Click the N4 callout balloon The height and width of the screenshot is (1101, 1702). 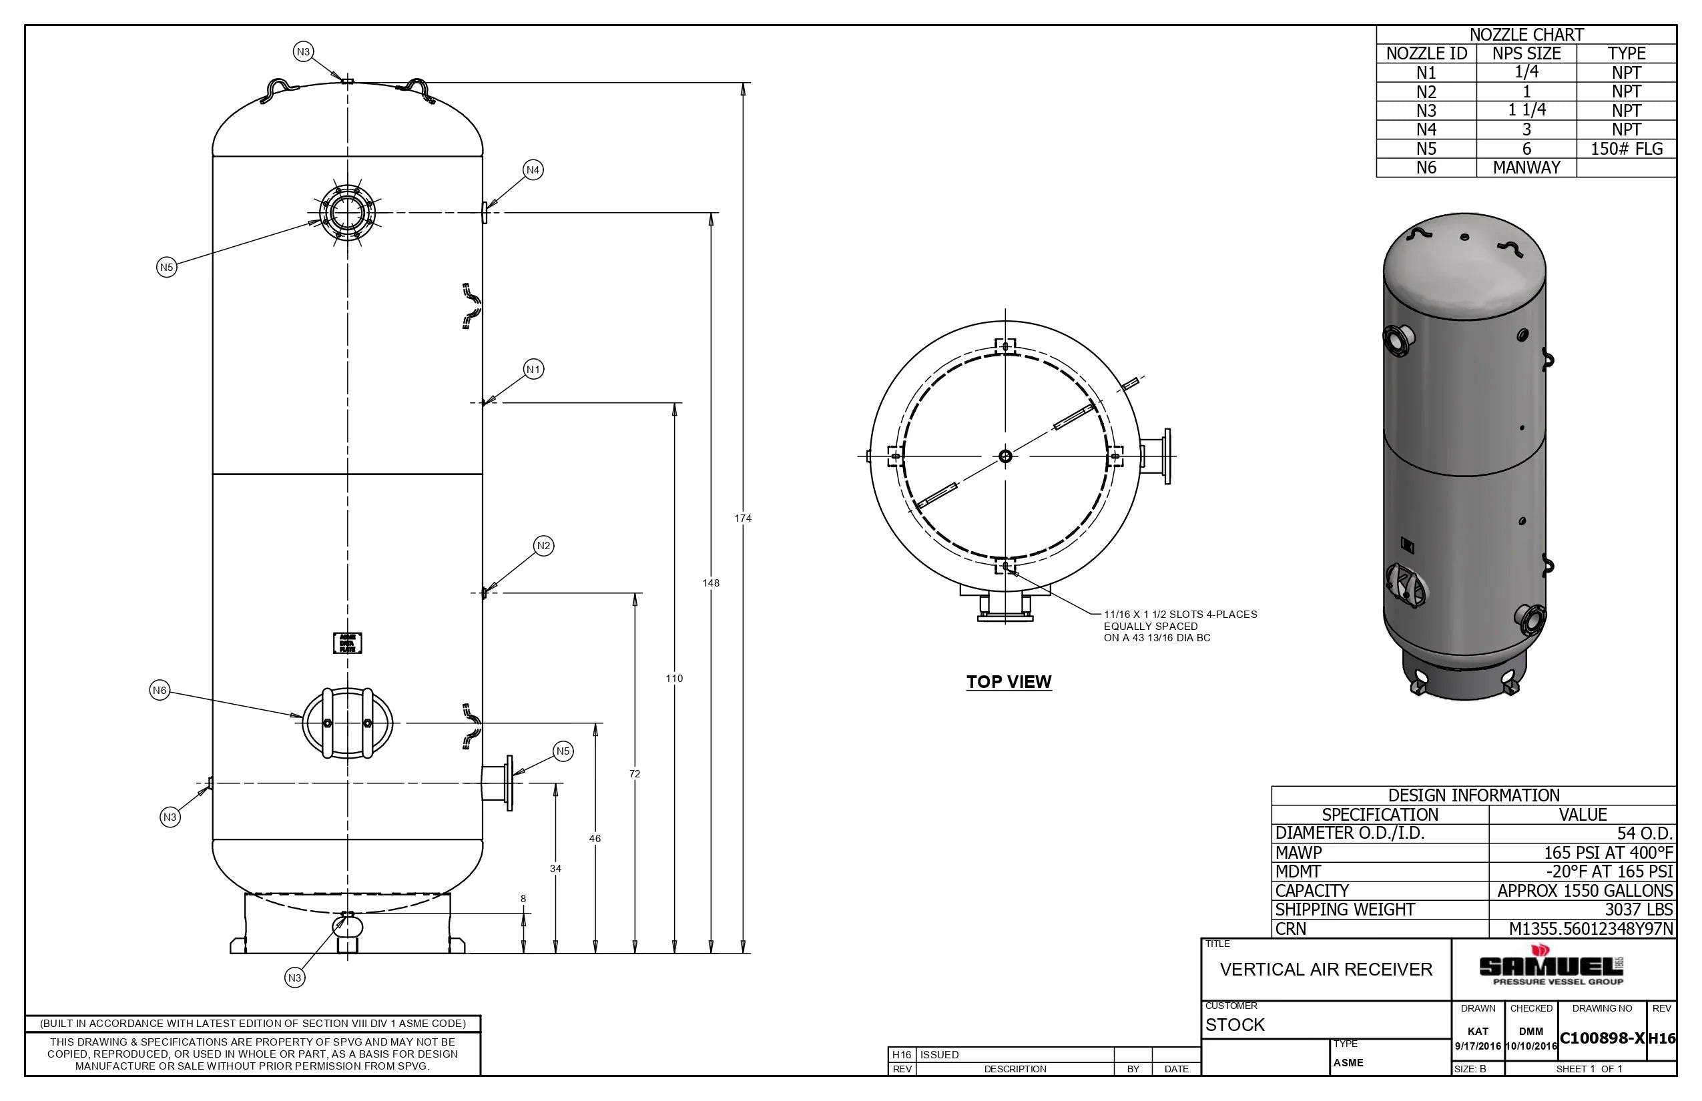(x=533, y=170)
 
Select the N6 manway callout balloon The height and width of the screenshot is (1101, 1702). (x=160, y=691)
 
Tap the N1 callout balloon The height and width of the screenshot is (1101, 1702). (x=533, y=370)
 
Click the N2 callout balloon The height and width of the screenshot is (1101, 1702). (x=543, y=546)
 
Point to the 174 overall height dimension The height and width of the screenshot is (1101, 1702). (x=742, y=518)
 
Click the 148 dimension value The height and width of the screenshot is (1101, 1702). (x=710, y=583)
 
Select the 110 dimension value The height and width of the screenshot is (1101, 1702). (x=673, y=679)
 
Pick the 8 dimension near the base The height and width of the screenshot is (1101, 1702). (x=523, y=899)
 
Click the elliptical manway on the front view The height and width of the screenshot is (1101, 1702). (x=348, y=723)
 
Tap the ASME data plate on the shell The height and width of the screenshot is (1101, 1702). (x=348, y=643)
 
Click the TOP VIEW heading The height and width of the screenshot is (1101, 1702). (x=1009, y=682)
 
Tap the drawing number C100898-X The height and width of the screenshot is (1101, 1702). (x=1602, y=1038)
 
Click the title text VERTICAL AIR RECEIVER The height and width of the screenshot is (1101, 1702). (x=1326, y=970)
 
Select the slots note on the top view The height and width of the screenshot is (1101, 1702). (x=1180, y=627)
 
